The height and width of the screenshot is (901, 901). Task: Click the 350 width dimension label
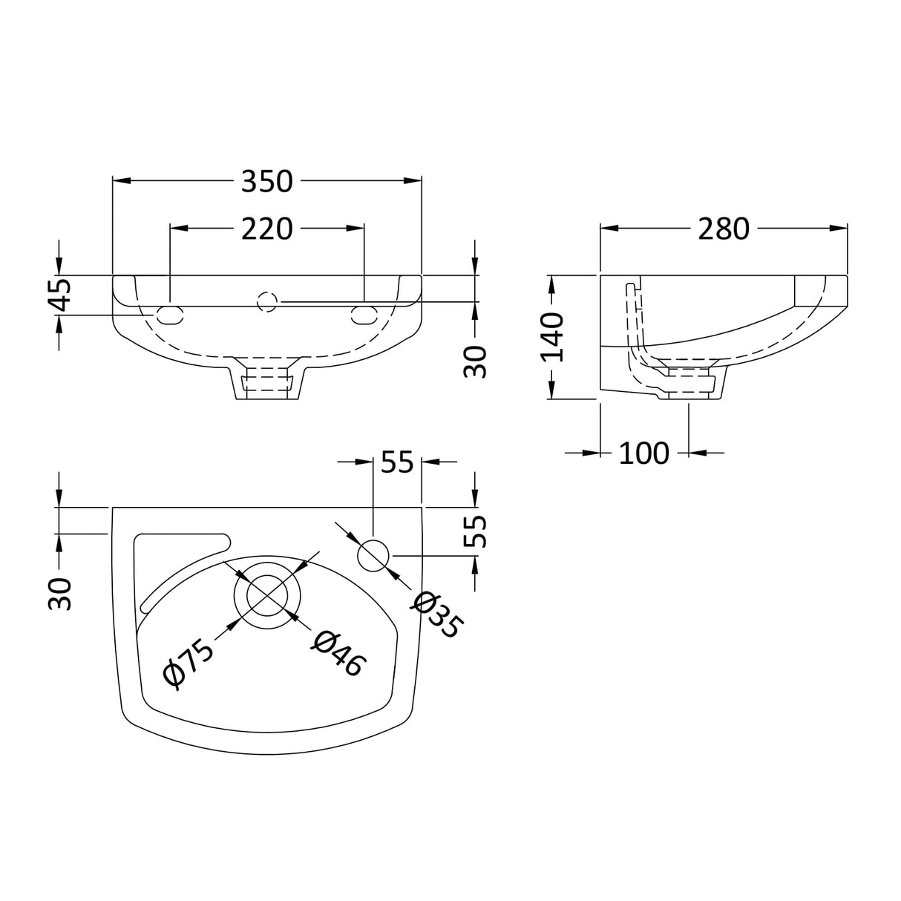(267, 181)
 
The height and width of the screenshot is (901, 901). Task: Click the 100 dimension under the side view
(643, 452)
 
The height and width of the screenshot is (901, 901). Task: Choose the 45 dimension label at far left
(60, 295)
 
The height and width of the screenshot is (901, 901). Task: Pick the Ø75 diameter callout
(189, 663)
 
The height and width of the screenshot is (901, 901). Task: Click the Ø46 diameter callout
(338, 653)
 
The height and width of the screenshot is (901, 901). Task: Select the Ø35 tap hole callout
(436, 615)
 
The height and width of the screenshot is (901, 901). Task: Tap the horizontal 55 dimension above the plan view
(396, 462)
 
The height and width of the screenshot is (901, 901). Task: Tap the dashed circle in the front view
(266, 302)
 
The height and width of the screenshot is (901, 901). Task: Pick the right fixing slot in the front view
(364, 315)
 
